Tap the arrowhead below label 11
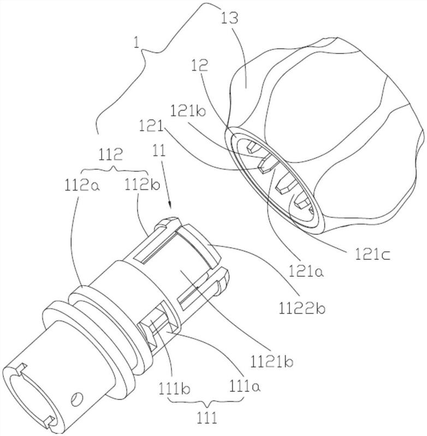pyautogui.click(x=171, y=205)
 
